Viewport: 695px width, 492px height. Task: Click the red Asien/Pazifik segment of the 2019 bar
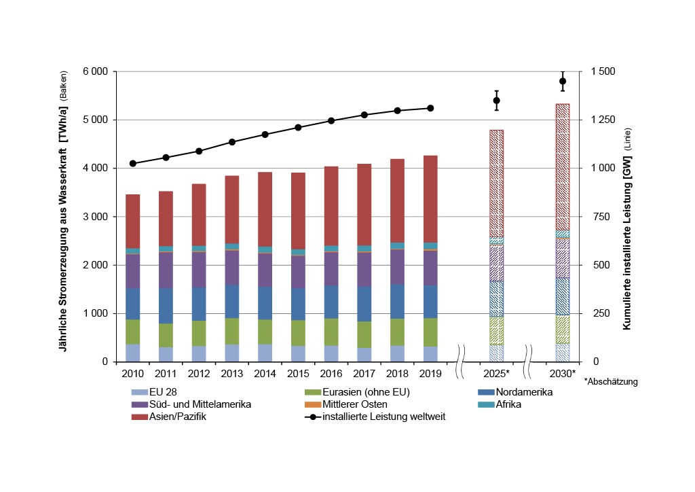430,198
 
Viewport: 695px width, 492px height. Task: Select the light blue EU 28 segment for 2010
133,353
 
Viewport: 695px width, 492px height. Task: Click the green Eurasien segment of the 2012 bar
199,333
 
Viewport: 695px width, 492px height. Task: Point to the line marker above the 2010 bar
133,164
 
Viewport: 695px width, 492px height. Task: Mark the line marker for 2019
430,108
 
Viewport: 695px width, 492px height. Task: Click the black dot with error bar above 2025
496,101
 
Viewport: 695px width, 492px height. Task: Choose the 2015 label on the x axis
298,374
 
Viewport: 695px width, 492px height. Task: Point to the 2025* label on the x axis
496,374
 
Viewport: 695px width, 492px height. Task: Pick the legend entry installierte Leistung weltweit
384,417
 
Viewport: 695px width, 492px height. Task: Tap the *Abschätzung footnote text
611,382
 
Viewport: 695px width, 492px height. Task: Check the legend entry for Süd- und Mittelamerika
194,404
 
